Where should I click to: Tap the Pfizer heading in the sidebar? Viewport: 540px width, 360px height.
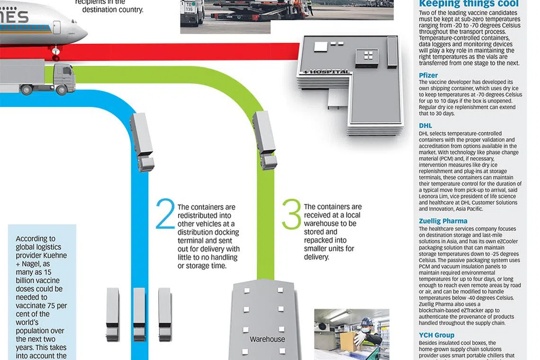click(x=428, y=75)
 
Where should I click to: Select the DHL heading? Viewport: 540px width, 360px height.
click(x=425, y=126)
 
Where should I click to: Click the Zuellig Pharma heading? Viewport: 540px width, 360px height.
click(x=443, y=221)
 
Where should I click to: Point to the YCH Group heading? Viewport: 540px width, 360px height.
click(x=436, y=335)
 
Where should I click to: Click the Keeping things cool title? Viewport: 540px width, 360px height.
click(x=469, y=4)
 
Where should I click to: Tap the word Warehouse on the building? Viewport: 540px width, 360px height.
click(x=267, y=339)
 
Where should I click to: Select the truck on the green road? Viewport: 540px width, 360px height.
click(x=265, y=139)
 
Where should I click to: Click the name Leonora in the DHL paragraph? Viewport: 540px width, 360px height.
click(x=430, y=197)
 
